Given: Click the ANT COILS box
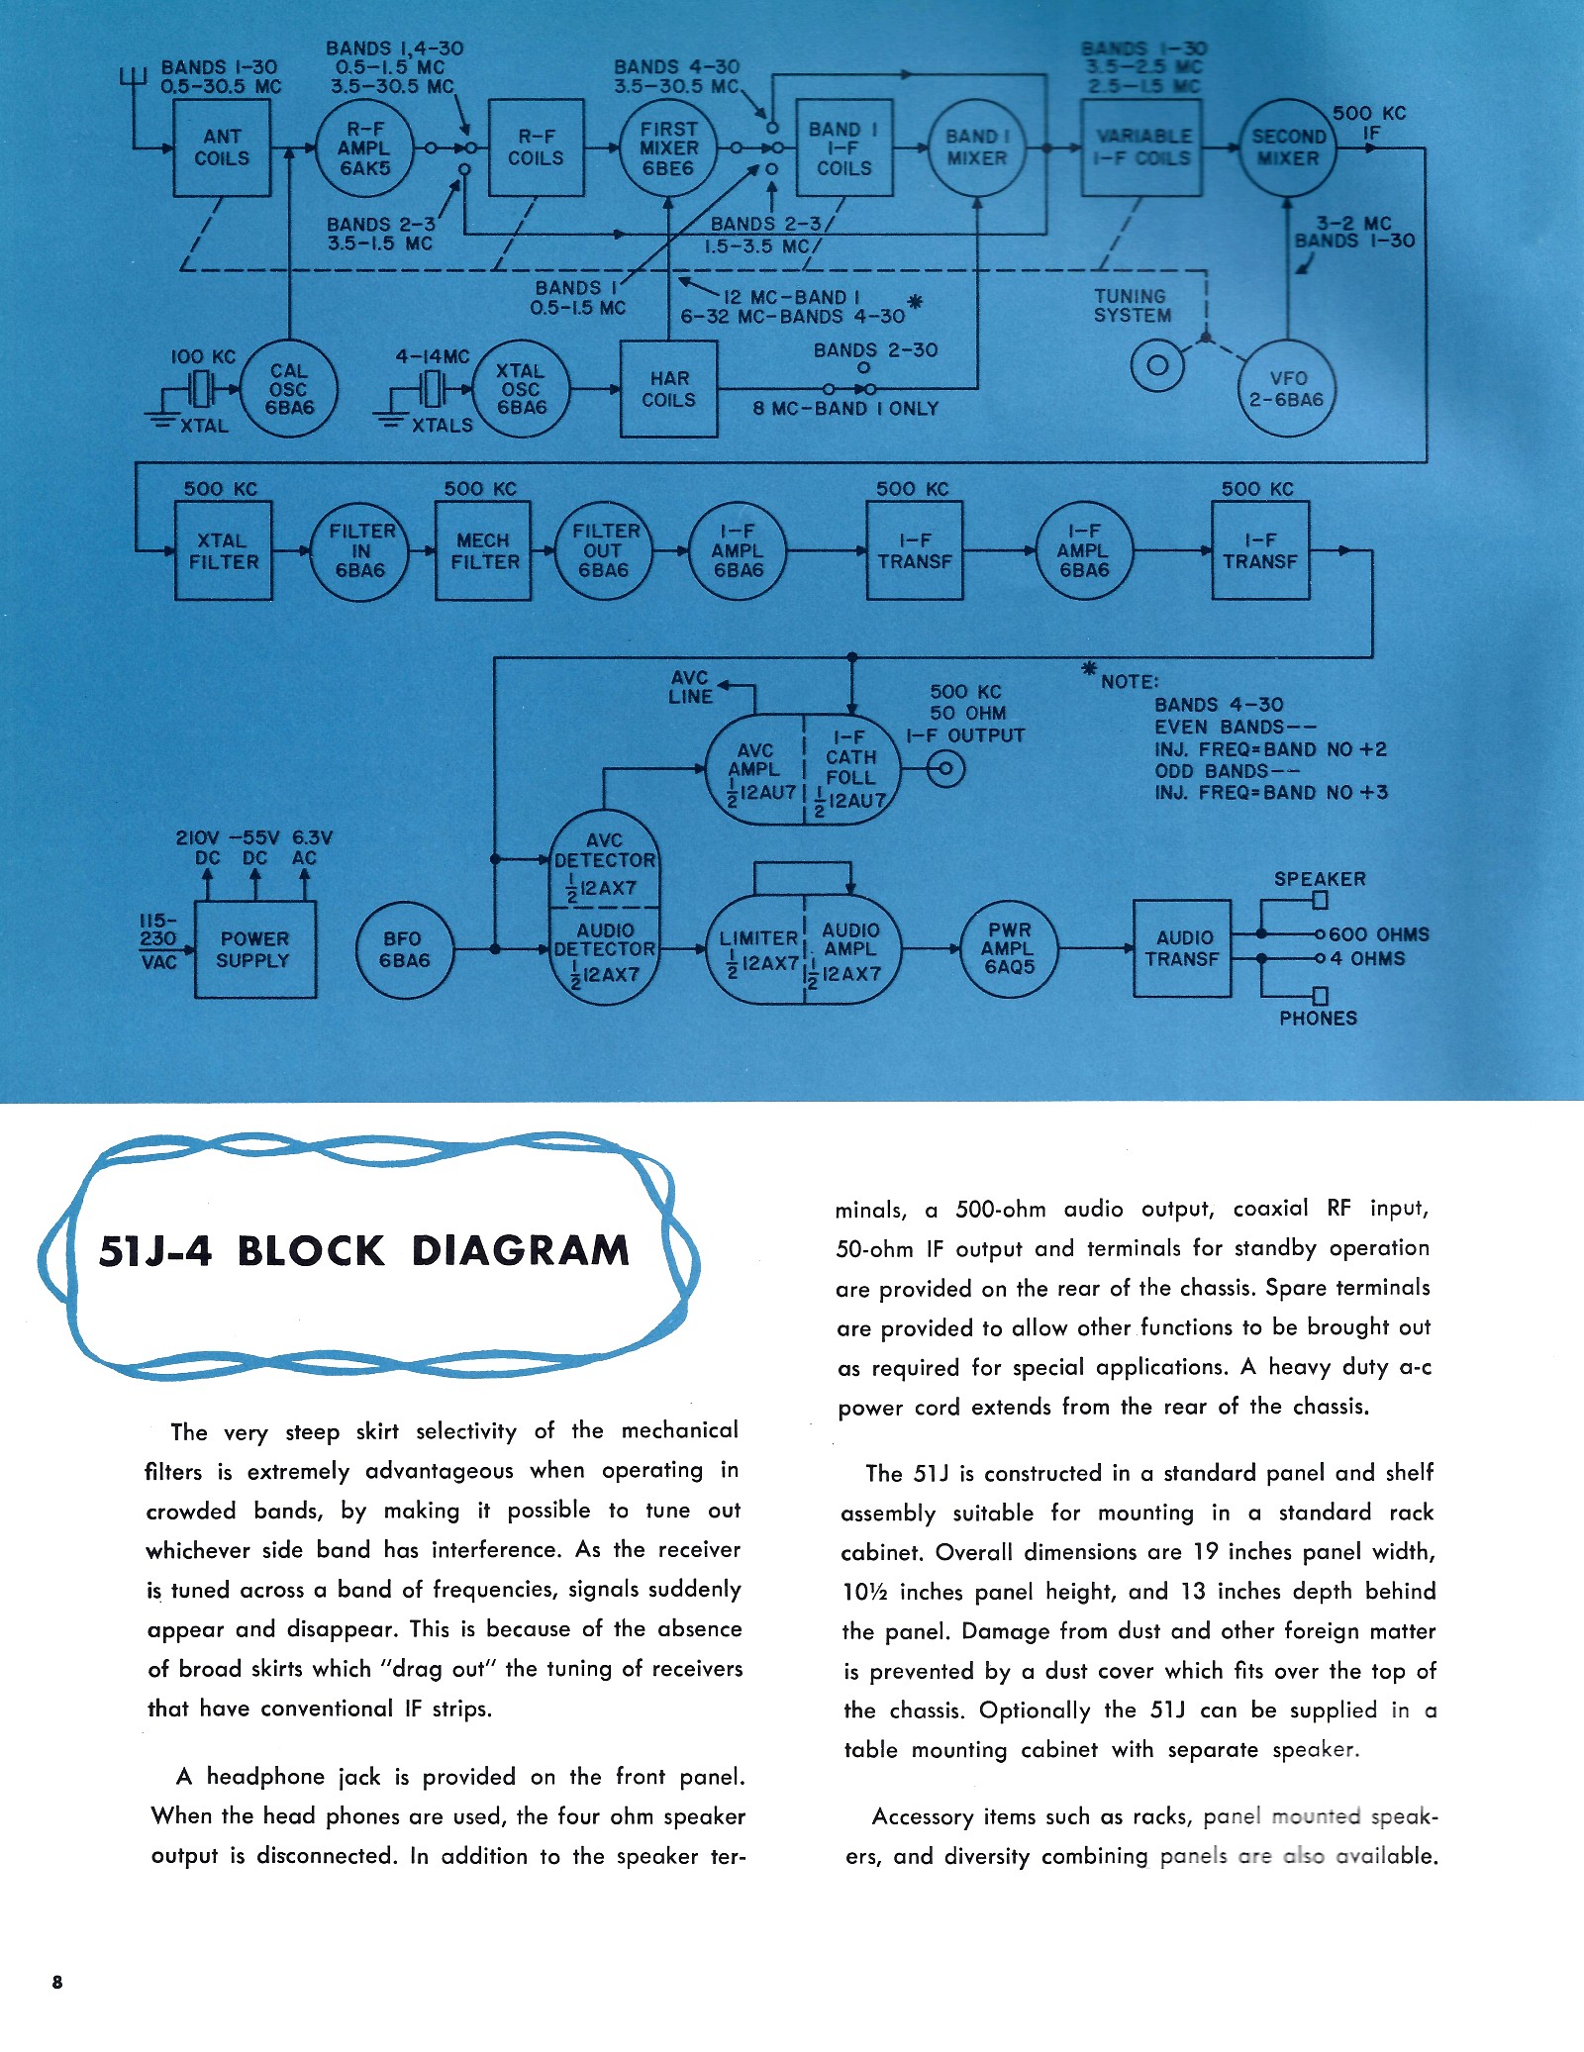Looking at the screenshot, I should point(222,147).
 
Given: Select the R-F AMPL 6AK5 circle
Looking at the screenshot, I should point(364,148).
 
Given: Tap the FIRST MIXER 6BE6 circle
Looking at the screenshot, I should point(668,148).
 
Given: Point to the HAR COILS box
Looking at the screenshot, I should point(668,389).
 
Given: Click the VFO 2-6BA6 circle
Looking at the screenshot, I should point(1288,389).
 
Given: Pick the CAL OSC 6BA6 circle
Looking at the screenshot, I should point(289,389).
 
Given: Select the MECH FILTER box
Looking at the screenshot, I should point(483,551).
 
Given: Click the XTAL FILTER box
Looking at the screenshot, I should point(223,551).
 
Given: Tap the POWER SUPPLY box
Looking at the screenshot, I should point(254,949).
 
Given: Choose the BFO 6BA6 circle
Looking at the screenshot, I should point(404,949).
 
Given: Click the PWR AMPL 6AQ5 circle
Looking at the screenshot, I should point(1009,949).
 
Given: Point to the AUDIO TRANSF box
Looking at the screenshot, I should point(1182,948).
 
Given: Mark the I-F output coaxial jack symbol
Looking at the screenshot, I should point(945,768).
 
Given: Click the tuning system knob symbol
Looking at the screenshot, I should point(1156,366).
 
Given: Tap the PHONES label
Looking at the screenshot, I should point(1318,1019).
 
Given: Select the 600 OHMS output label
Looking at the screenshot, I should point(1378,934).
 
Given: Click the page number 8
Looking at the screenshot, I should point(57,1981).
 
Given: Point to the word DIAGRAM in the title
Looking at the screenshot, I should point(521,1251).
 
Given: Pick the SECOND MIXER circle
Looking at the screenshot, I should point(1288,147).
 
